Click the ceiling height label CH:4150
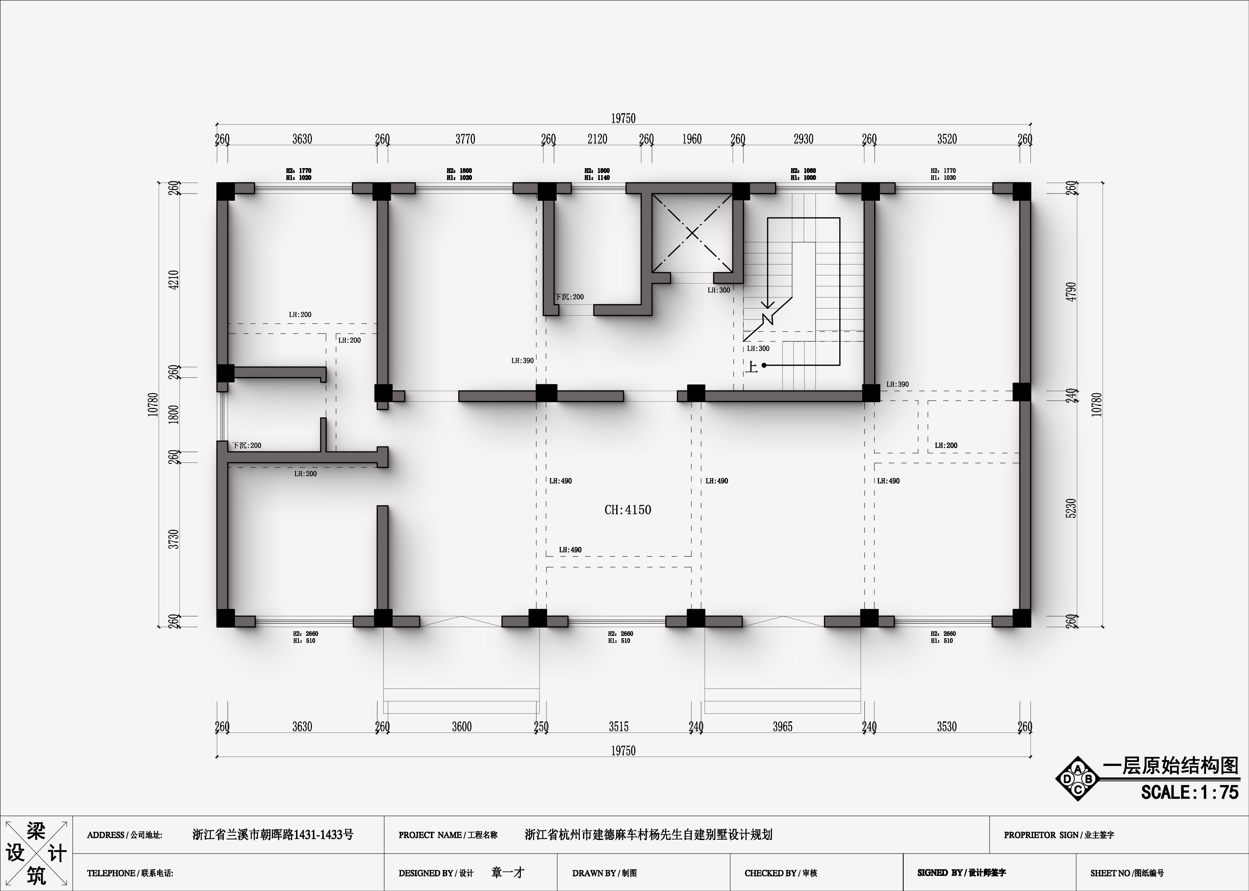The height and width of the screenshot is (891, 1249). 628,510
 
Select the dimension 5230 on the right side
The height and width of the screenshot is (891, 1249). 1071,508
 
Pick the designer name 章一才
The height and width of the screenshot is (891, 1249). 508,872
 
